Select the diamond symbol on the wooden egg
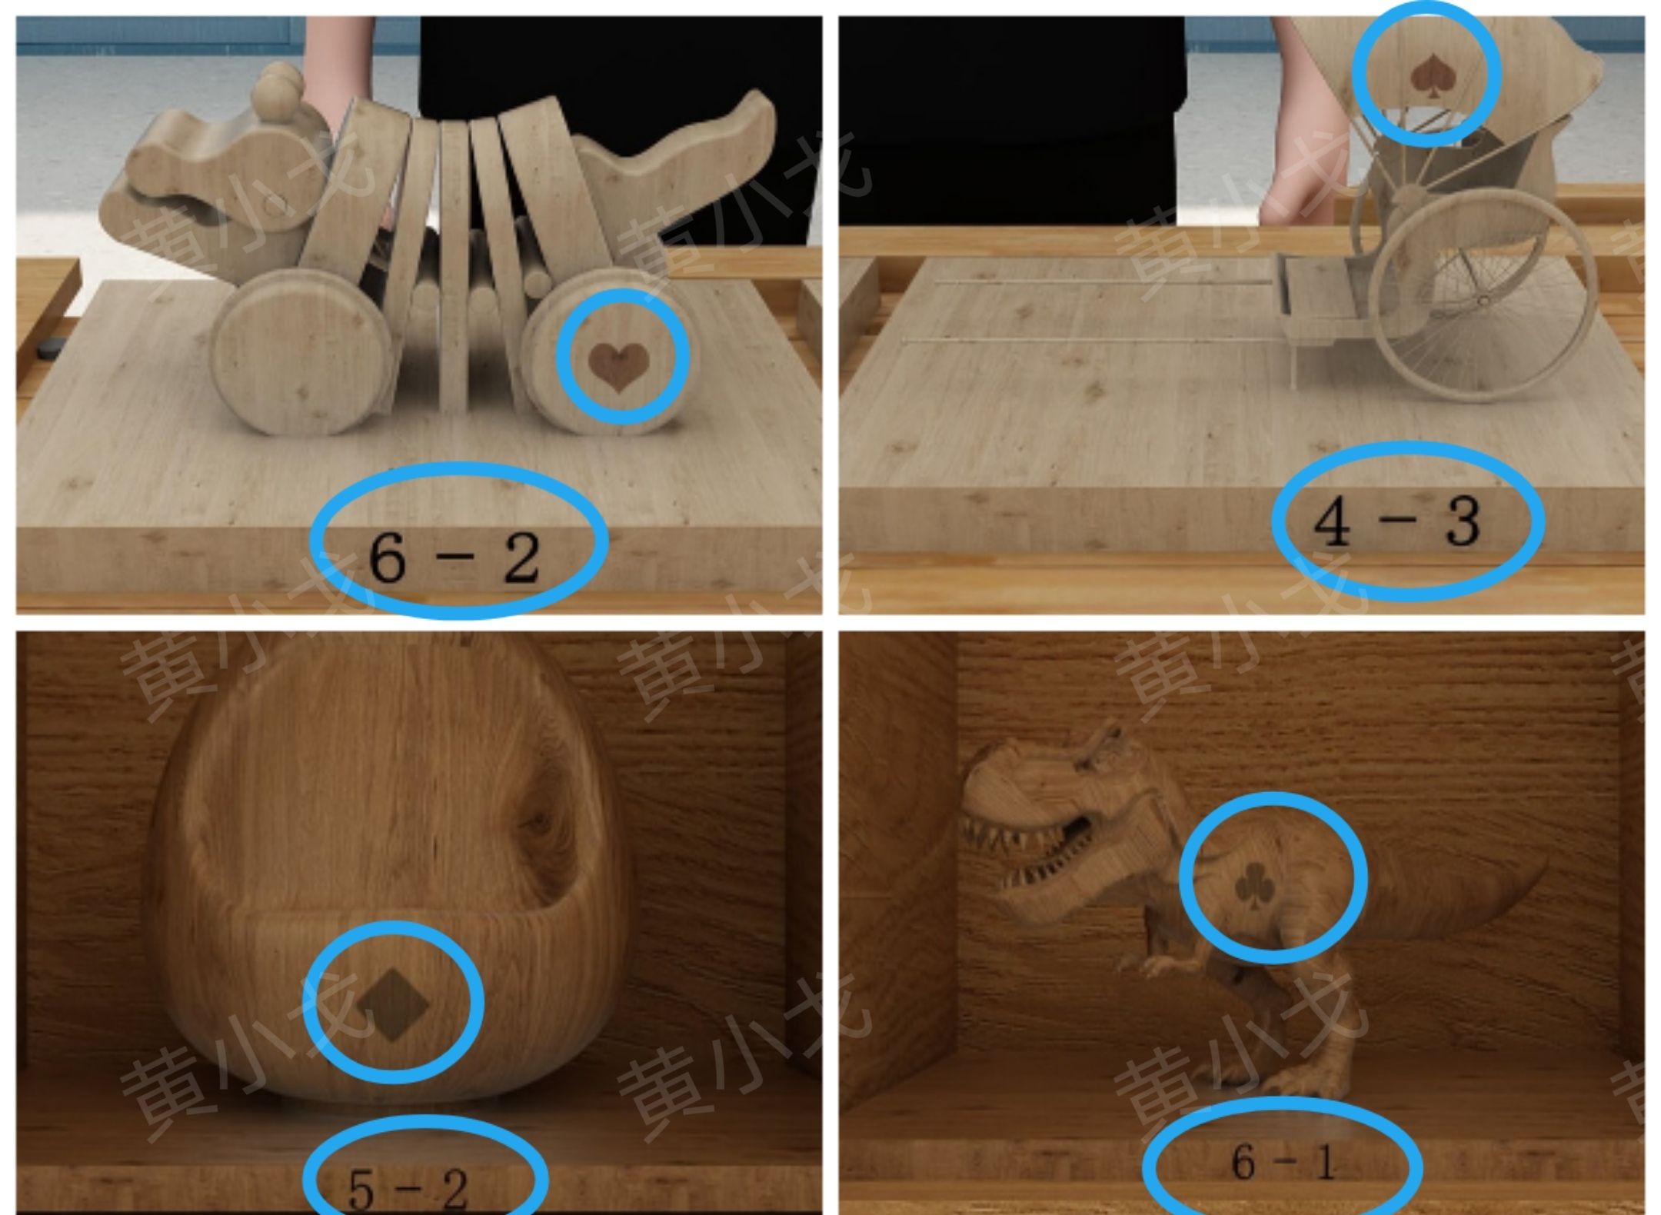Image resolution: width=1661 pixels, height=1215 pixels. pos(392,1004)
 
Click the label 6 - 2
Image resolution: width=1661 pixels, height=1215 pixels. pos(454,558)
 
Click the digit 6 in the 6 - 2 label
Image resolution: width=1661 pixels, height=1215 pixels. pos(387,558)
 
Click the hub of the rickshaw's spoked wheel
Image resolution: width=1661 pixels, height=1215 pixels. pos(1483,300)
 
